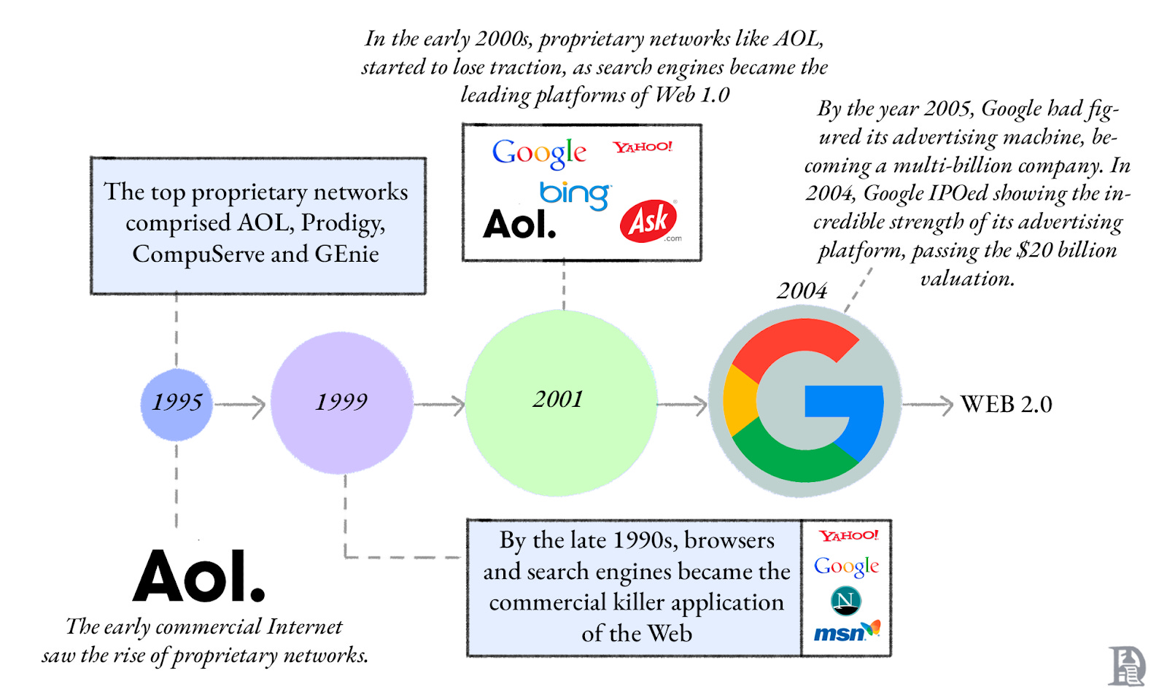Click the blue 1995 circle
click(177, 404)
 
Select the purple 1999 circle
click(341, 402)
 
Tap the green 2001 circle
click(560, 402)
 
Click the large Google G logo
click(805, 402)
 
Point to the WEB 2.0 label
click(1006, 404)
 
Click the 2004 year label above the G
click(802, 290)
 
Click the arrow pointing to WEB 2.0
click(928, 405)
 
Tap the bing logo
click(574, 194)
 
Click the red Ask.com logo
click(648, 221)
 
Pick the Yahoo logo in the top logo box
click(643, 147)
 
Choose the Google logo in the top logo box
click(539, 153)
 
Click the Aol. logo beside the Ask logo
click(519, 224)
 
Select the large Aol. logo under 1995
click(198, 576)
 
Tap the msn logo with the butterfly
click(846, 631)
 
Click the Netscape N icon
click(846, 601)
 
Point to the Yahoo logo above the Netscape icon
click(848, 536)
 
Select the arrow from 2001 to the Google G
click(683, 405)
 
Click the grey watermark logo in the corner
click(1126, 666)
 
